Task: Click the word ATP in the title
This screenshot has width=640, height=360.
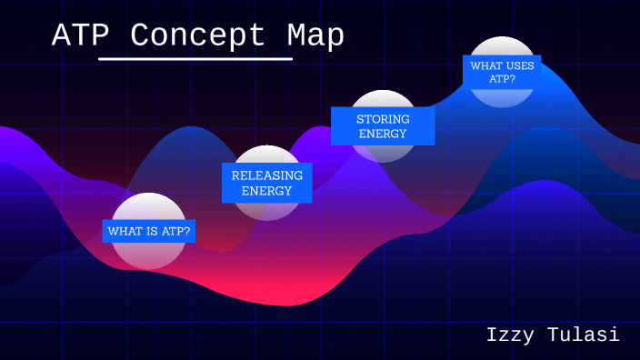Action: click(x=81, y=35)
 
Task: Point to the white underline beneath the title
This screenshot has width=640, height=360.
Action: click(x=195, y=59)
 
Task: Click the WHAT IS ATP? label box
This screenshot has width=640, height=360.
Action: click(x=148, y=232)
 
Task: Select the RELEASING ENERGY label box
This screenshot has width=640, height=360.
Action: click(x=266, y=183)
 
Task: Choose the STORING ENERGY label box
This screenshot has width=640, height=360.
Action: click(x=383, y=126)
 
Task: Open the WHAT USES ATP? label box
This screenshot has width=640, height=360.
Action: click(x=501, y=72)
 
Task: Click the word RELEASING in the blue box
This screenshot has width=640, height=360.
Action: click(x=266, y=175)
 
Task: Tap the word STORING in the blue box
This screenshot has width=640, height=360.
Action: click(x=383, y=119)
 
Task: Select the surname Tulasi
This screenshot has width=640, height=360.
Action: click(x=586, y=335)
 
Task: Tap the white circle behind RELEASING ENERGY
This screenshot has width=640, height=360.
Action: click(x=266, y=211)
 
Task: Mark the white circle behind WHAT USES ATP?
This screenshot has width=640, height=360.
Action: click(x=501, y=96)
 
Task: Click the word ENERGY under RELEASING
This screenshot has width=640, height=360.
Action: click(x=266, y=191)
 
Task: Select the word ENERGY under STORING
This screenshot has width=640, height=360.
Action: click(x=383, y=135)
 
